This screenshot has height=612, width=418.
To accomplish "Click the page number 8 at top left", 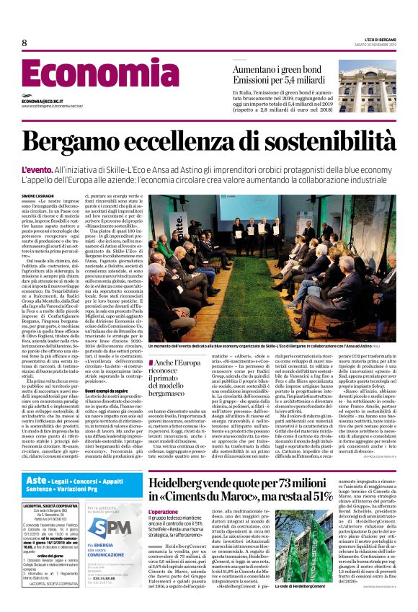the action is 24,43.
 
